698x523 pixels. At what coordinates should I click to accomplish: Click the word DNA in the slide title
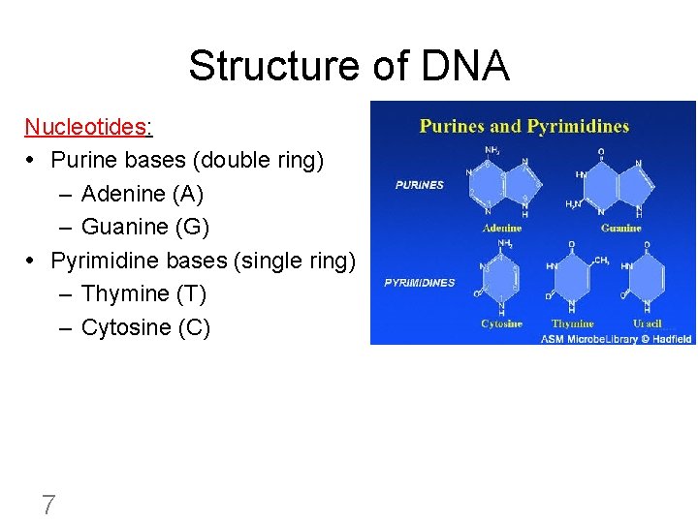tap(465, 66)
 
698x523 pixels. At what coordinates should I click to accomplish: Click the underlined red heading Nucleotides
tap(87, 127)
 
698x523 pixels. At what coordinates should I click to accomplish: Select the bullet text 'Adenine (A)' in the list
tap(143, 194)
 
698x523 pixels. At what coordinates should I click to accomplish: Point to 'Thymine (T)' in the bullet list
tap(143, 293)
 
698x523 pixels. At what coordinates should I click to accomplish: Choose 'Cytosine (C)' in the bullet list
tap(145, 327)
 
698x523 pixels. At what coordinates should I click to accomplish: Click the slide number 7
tap(48, 505)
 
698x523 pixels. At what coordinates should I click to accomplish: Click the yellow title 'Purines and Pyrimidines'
tap(523, 126)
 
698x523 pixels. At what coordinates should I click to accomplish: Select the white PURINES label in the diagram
tap(420, 185)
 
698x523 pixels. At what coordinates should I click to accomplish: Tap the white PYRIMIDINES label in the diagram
tap(420, 283)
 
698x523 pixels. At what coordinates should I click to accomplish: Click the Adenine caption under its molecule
tap(501, 229)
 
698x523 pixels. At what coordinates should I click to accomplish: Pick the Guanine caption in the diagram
tap(620, 229)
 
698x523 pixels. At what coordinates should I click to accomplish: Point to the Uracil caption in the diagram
tap(647, 323)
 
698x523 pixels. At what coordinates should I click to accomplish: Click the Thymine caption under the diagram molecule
tap(572, 323)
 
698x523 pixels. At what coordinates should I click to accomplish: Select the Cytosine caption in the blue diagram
tap(501, 323)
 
